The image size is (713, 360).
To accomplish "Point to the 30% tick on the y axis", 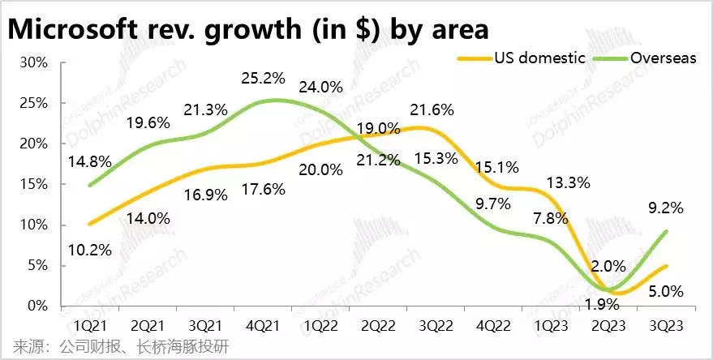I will click(37, 62).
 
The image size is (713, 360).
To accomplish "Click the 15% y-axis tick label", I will click(37, 184).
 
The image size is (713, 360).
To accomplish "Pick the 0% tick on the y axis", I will click(40, 306).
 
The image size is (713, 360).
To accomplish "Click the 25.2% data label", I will click(264, 80).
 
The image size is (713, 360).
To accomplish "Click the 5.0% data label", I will click(665, 290).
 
